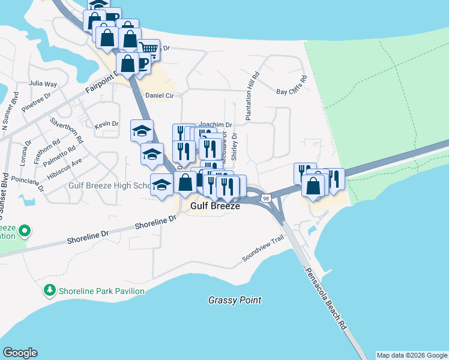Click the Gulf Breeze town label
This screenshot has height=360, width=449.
point(215,206)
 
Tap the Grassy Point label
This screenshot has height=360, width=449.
point(235,300)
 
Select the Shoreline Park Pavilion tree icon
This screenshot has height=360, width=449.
point(50,291)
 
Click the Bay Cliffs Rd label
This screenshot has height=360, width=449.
point(292,86)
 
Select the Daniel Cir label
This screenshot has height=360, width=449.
point(160,95)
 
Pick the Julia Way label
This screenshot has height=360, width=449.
point(43,84)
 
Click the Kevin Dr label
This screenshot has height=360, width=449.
point(106,124)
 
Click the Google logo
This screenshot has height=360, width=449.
point(20,353)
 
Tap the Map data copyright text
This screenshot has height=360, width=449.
point(412,355)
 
